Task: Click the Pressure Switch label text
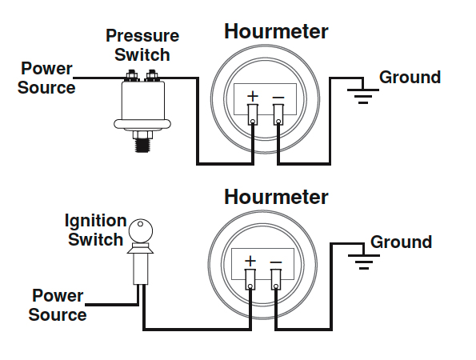click(142, 46)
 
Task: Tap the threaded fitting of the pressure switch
click(142, 145)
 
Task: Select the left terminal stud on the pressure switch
click(131, 75)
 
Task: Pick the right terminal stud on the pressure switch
click(152, 75)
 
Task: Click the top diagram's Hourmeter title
click(276, 31)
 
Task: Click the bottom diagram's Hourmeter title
click(276, 197)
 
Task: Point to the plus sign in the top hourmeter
click(253, 96)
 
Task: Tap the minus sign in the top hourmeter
click(278, 97)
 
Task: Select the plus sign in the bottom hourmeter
click(250, 261)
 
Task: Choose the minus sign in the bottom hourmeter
click(276, 262)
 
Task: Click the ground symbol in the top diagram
click(363, 96)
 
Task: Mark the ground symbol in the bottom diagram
click(364, 262)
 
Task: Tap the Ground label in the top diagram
click(410, 77)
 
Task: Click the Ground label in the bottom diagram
click(402, 242)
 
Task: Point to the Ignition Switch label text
click(95, 230)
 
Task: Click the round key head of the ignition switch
click(141, 230)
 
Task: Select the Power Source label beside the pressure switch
click(46, 78)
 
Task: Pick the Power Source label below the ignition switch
click(58, 305)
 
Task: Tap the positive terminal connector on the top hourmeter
click(253, 114)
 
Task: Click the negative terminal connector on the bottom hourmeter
click(276, 279)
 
